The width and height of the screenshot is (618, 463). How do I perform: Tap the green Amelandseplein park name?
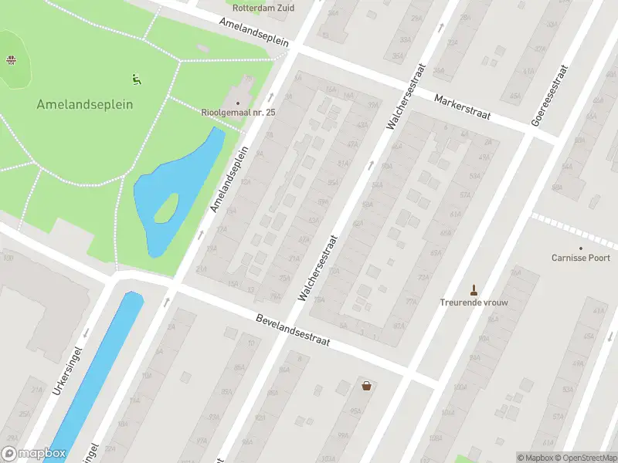click(85, 104)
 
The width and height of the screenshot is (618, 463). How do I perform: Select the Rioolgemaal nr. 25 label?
click(238, 113)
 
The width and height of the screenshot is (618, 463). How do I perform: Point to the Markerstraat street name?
click(463, 107)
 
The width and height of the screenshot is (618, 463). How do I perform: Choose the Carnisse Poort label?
click(581, 258)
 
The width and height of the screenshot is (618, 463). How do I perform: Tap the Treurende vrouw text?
click(474, 302)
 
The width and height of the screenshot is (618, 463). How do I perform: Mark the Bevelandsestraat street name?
click(293, 329)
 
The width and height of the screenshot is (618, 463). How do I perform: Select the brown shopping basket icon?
click(365, 385)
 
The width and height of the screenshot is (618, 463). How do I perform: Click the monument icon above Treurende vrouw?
click(474, 291)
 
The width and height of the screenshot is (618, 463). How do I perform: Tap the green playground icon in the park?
click(136, 78)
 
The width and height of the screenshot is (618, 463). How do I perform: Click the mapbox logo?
click(33, 455)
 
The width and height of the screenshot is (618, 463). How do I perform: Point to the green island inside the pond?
click(166, 207)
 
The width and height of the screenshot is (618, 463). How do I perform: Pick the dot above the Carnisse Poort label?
click(581, 247)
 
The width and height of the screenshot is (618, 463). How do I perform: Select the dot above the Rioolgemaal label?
click(238, 103)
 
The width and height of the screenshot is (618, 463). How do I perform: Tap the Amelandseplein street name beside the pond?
click(230, 178)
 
